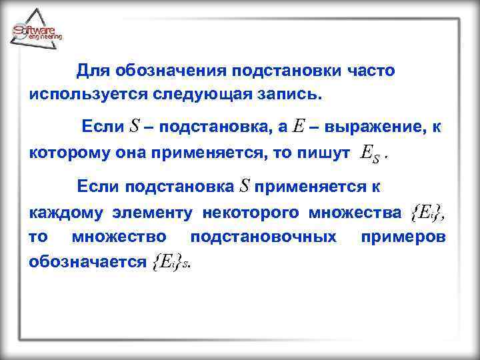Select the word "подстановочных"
(264, 237)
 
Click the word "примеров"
(403, 237)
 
